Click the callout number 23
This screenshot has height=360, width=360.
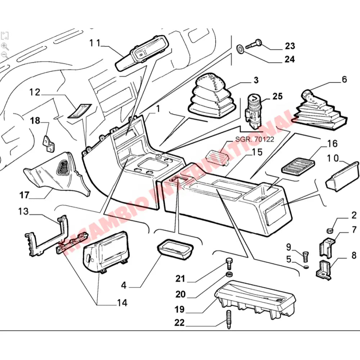pos(290,46)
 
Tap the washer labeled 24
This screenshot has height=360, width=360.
pos(239,49)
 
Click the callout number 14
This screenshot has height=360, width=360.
pos(122,302)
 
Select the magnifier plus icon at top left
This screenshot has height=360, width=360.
pos(5,46)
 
